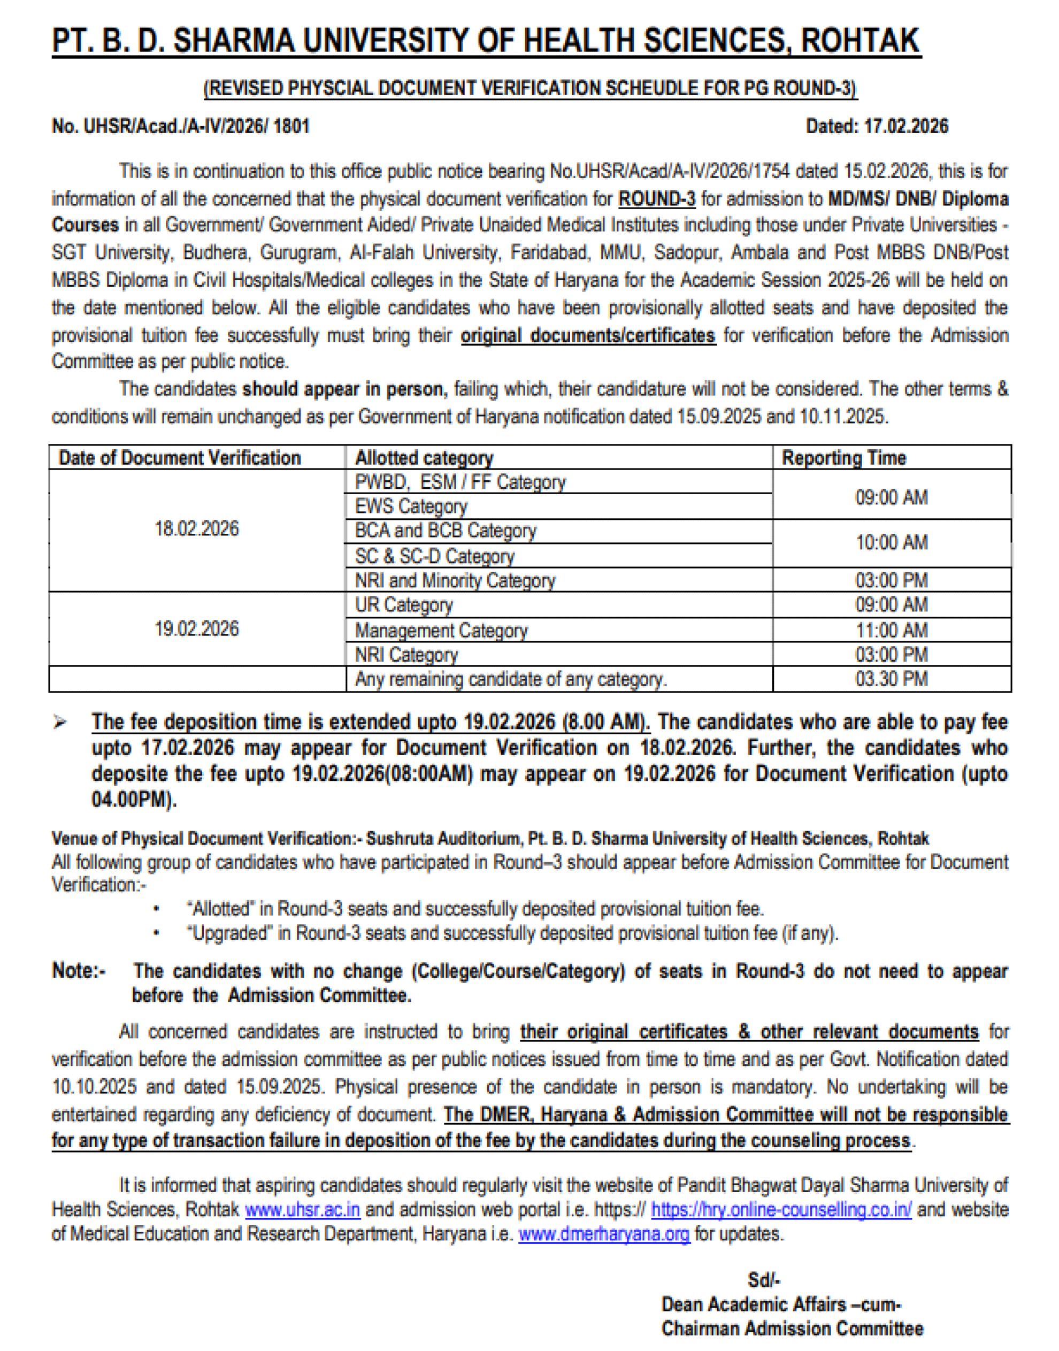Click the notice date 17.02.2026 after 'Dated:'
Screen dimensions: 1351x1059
(906, 126)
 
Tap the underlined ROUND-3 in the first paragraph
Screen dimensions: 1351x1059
(657, 199)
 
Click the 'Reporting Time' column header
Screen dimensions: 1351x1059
(843, 458)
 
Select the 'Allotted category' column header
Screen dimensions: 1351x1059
(424, 458)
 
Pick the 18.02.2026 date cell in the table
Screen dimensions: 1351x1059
(196, 529)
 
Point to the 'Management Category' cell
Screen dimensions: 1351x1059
(441, 631)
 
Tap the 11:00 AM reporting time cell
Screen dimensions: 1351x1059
(891, 631)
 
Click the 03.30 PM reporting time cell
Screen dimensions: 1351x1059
(891, 679)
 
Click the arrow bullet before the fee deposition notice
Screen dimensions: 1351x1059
(60, 723)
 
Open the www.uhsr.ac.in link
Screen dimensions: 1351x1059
(303, 1210)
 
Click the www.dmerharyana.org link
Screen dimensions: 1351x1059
(604, 1234)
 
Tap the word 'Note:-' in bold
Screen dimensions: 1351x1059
(79, 970)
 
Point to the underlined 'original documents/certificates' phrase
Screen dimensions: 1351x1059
(588, 335)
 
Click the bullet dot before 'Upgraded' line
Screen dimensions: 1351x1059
(157, 933)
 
